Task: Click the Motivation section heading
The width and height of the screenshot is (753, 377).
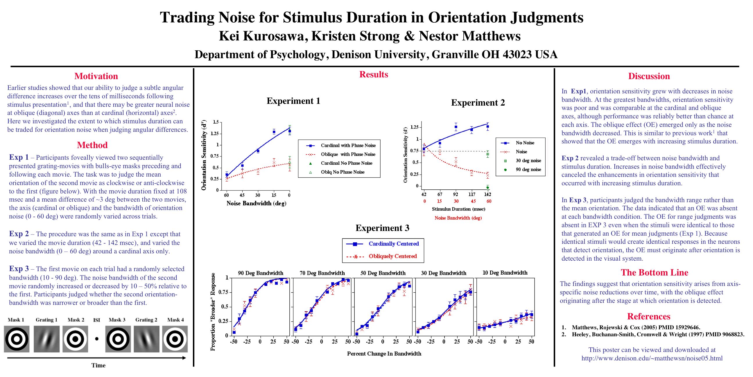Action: (96, 76)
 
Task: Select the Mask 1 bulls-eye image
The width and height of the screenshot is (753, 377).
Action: (17, 339)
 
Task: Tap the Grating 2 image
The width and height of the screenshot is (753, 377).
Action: (146, 339)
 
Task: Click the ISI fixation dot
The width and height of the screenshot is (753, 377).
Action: (97, 339)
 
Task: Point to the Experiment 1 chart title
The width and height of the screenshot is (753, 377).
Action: (293, 101)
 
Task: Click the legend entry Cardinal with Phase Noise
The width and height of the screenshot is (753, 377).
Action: (348, 145)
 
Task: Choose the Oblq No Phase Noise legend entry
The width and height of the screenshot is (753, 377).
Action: (342, 172)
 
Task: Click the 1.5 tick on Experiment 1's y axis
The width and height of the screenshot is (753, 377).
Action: (216, 122)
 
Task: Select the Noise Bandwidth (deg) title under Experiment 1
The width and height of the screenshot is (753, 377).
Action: (256, 203)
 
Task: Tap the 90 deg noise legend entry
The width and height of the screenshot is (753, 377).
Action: (528, 170)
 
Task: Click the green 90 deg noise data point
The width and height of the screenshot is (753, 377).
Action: (487, 188)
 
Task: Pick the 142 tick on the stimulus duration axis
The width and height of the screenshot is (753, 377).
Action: (487, 194)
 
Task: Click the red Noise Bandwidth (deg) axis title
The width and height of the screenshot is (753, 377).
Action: (458, 218)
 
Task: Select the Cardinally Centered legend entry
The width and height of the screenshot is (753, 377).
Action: (393, 244)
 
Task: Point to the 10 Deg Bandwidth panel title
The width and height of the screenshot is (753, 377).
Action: (505, 273)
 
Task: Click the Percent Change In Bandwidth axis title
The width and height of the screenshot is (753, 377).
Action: (384, 354)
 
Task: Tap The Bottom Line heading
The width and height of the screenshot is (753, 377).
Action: (655, 273)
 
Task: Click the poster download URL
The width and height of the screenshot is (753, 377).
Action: (652, 358)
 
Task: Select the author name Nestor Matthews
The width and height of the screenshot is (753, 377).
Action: (470, 36)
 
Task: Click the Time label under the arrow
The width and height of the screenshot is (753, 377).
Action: (98, 365)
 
